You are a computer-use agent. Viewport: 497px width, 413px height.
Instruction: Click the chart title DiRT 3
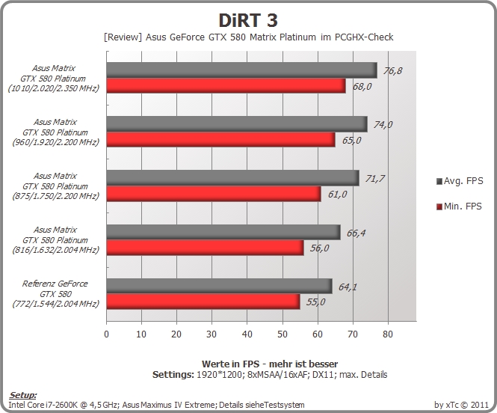[x=248, y=20]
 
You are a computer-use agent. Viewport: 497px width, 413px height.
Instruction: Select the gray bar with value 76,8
[x=242, y=70]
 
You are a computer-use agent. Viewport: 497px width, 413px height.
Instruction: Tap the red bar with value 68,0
[x=226, y=85]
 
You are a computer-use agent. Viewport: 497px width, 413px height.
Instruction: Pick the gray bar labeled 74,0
[x=237, y=124]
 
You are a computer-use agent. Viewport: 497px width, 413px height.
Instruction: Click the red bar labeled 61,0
[x=214, y=194]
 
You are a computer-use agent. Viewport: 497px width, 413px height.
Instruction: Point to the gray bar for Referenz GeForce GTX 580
[x=219, y=286]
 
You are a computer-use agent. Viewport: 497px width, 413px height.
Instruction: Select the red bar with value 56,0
[x=205, y=248]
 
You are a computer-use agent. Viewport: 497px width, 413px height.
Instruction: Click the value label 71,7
[x=375, y=179]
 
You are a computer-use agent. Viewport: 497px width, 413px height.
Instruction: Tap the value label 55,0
[x=315, y=302]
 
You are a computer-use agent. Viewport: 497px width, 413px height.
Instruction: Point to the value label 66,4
[x=356, y=233]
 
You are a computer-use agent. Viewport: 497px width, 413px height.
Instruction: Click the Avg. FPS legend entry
[x=460, y=181]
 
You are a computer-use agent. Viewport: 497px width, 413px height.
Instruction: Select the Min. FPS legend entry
[x=459, y=206]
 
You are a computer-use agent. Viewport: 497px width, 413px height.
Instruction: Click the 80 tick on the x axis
[x=388, y=334]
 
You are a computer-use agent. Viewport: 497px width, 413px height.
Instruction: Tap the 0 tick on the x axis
[x=106, y=334]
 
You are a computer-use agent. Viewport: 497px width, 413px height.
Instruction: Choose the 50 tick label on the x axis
[x=282, y=334]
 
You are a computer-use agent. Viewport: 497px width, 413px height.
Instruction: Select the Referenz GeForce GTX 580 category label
[x=55, y=293]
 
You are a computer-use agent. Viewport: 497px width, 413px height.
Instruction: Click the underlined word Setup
[x=22, y=395]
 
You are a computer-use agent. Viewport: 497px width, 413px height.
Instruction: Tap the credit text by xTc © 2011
[x=462, y=405]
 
